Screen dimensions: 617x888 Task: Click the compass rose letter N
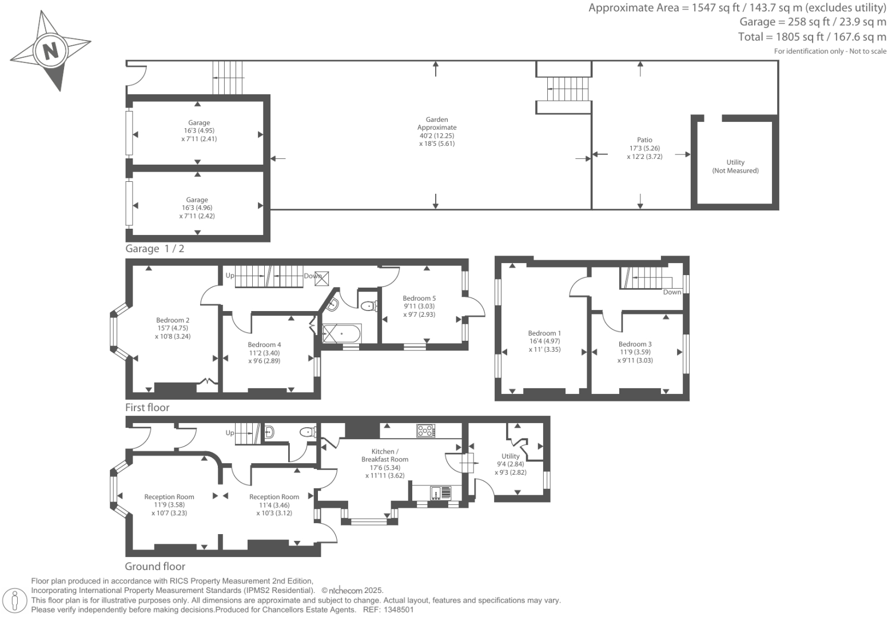pos(51,51)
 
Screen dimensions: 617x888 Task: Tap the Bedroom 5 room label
pos(419,298)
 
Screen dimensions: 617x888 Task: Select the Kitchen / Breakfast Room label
pos(384,455)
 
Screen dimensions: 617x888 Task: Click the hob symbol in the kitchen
pos(425,431)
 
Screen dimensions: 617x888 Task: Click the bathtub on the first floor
pos(341,333)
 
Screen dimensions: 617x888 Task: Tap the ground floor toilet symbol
pos(308,432)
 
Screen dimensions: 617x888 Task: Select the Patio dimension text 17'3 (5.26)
pos(644,148)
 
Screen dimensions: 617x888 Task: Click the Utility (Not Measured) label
pos(735,166)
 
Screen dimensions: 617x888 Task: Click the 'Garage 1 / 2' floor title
pos(155,249)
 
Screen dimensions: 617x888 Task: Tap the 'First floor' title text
pos(148,408)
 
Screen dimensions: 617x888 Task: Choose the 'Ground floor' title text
pos(155,567)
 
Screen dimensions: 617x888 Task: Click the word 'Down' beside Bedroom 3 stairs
pos(672,292)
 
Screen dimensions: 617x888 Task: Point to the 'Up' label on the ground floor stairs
pos(230,433)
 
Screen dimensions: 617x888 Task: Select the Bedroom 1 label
pos(544,333)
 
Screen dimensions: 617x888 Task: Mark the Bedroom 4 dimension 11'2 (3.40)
pos(264,353)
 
